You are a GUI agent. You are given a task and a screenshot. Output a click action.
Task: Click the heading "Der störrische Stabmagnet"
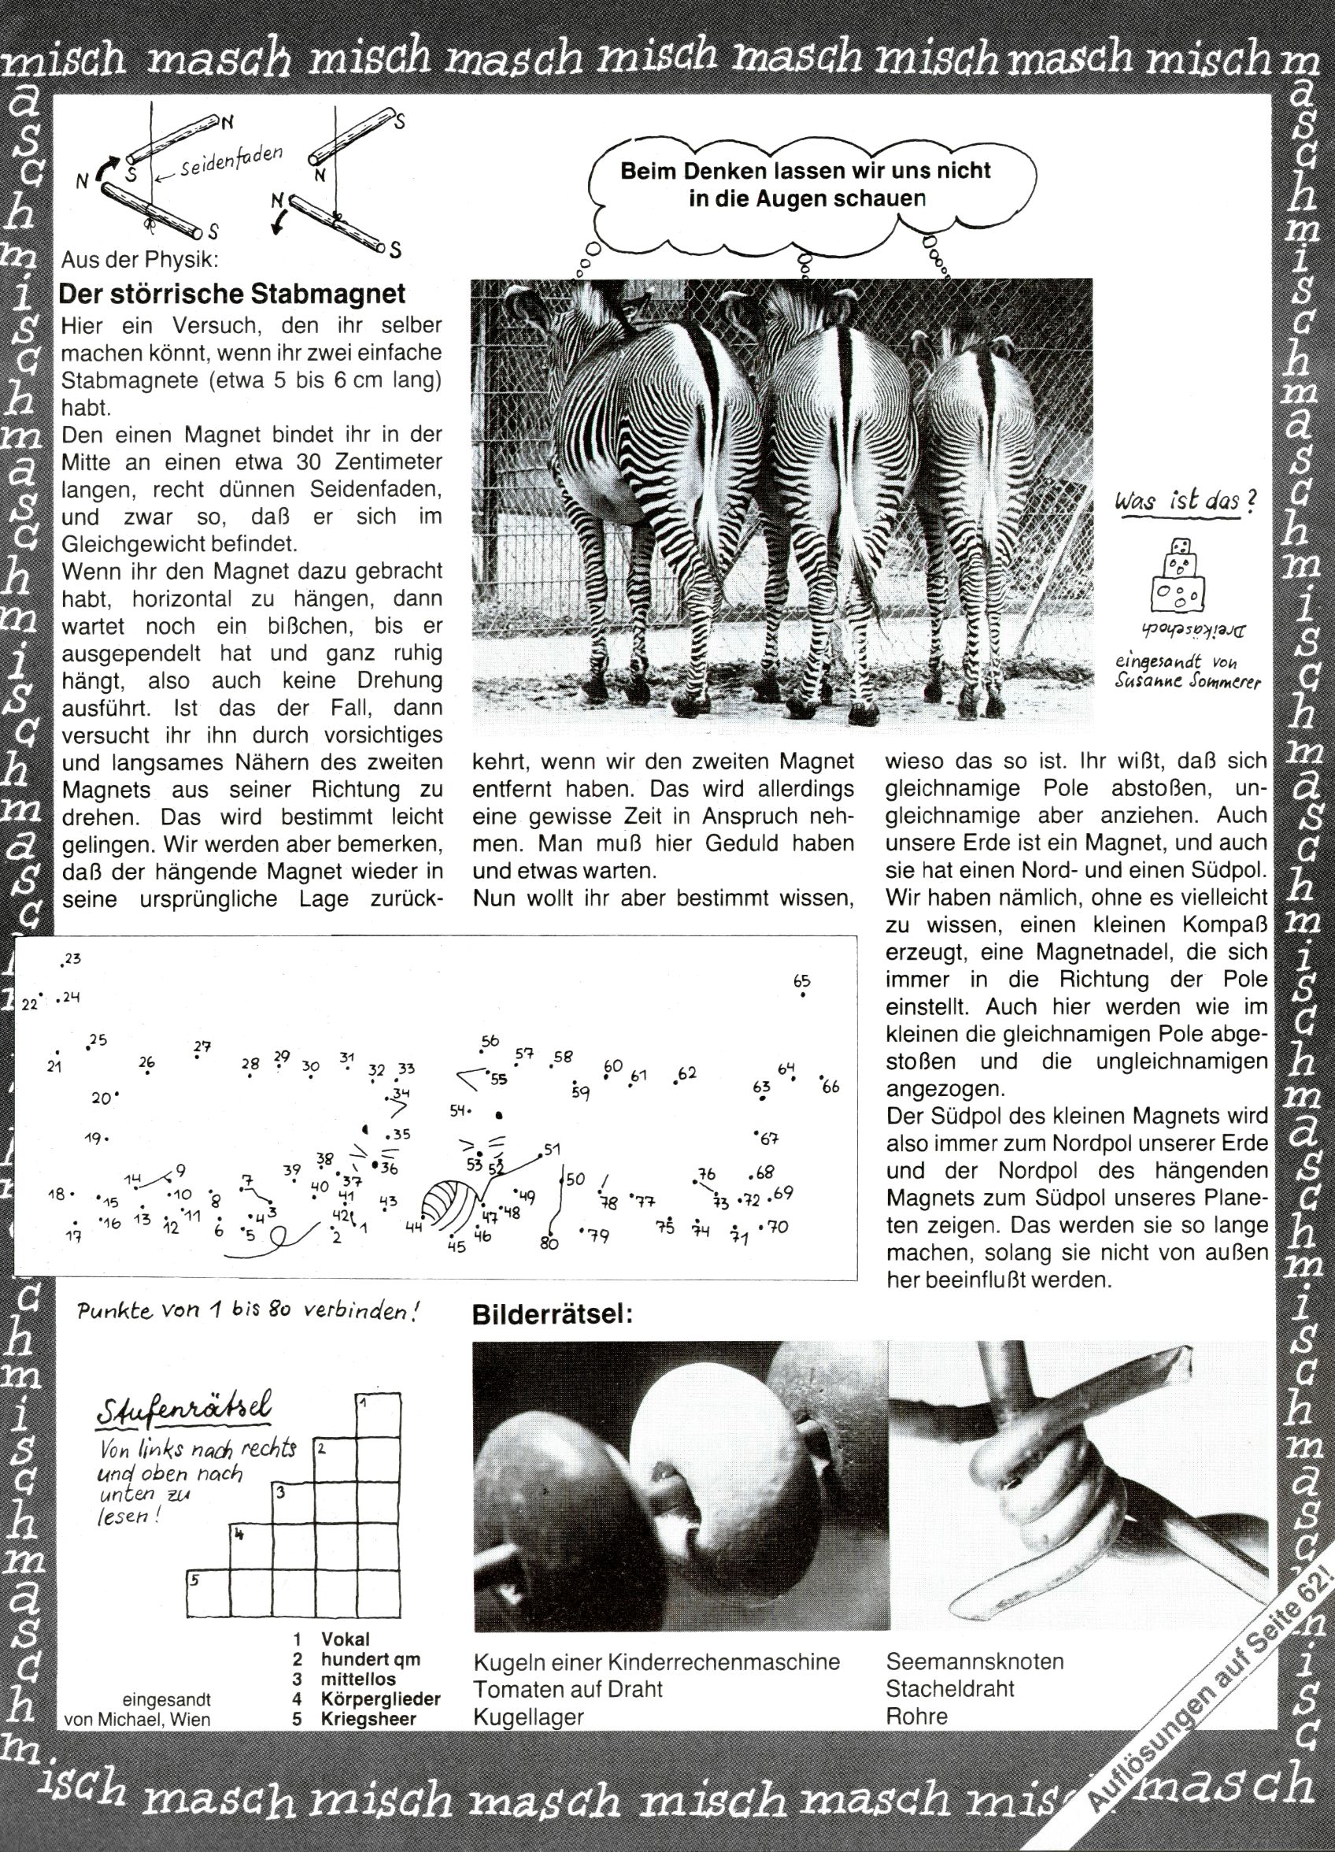coord(233,293)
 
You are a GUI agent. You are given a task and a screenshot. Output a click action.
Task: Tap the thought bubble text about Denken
coord(805,184)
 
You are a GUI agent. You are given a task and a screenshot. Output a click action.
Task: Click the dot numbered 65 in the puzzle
coord(803,995)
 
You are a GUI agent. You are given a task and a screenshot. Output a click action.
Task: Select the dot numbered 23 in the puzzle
coord(63,966)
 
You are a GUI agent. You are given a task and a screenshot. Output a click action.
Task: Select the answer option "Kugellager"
coord(528,1717)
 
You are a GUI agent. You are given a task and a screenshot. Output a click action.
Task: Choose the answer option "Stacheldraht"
coord(949,1689)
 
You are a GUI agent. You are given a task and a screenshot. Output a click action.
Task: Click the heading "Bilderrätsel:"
coord(553,1315)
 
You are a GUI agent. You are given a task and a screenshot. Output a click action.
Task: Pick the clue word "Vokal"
coord(346,1639)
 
